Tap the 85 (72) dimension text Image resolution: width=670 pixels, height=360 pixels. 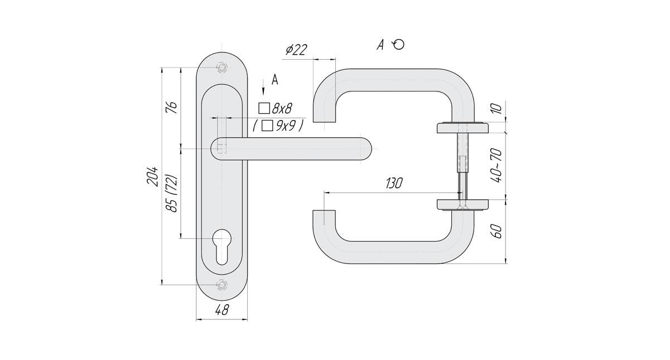click(172, 193)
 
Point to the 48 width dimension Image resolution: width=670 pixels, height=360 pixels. click(222, 311)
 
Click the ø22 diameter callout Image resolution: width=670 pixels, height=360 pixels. click(296, 50)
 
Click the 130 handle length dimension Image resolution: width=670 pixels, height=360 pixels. click(394, 184)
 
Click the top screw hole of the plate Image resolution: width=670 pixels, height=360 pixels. click(222, 68)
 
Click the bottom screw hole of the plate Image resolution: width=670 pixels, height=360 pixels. click(222, 284)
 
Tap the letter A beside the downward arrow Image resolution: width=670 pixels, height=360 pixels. click(274, 80)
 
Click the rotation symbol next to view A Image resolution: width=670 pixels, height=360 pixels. click(398, 45)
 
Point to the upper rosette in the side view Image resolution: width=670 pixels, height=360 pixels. click(462, 127)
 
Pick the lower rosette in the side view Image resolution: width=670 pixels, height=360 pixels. click(462, 204)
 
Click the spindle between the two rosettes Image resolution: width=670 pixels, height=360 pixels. click(462, 165)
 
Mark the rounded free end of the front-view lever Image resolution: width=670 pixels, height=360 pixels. click(363, 148)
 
